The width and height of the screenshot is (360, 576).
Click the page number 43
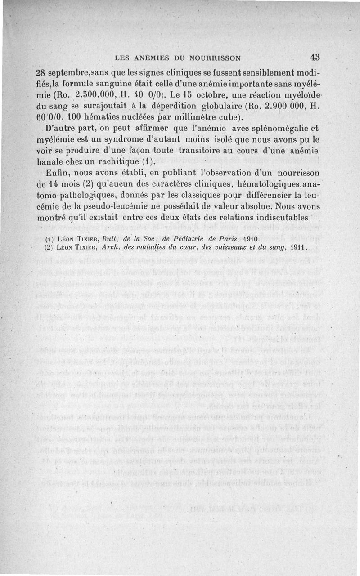click(315, 57)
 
